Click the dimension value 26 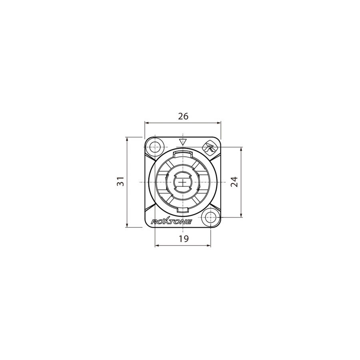click(x=183, y=116)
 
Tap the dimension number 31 click(x=120, y=181)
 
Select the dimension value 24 click(x=234, y=182)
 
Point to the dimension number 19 click(x=184, y=239)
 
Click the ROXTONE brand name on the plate click(x=171, y=221)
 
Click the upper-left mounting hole click(x=155, y=146)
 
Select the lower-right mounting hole click(x=210, y=217)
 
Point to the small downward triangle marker click(x=183, y=142)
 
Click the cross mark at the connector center click(x=183, y=182)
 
